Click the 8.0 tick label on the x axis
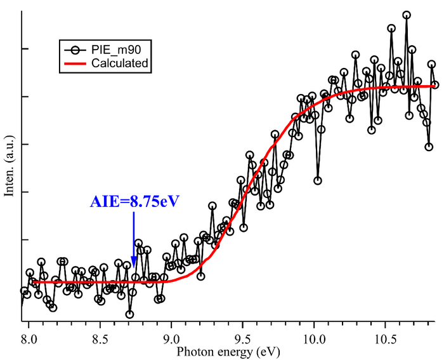click(x=28, y=340)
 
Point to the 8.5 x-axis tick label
click(x=100, y=340)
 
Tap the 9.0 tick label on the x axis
click(x=171, y=340)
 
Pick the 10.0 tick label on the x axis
click(x=315, y=340)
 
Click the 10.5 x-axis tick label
click(x=386, y=340)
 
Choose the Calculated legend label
click(x=120, y=63)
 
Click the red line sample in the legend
click(x=75, y=63)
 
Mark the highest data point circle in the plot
click(x=406, y=15)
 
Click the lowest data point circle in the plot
click(x=129, y=314)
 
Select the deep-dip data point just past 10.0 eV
click(x=318, y=180)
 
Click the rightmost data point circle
click(x=435, y=84)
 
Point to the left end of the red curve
click(x=33, y=282)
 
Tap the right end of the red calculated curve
click(x=436, y=86)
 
